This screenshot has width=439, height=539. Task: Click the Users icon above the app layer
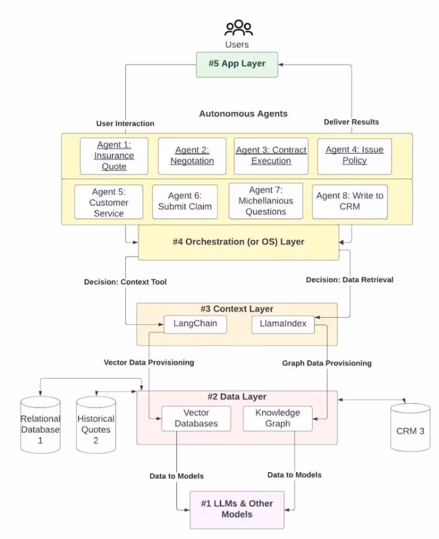click(238, 28)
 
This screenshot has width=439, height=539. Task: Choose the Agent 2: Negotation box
click(192, 156)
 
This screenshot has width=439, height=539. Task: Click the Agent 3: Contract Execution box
click(271, 156)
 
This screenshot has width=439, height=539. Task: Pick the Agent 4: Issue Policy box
click(354, 156)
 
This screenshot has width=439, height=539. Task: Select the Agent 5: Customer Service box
click(109, 202)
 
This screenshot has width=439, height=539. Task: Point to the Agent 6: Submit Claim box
click(185, 201)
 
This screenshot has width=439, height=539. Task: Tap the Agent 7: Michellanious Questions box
click(266, 201)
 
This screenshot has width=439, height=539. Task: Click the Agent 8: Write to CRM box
click(350, 201)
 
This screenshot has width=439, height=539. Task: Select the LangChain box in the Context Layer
click(195, 324)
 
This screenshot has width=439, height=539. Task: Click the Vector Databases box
click(196, 418)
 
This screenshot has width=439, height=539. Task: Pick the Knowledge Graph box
click(277, 418)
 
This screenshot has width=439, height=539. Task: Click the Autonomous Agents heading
click(243, 113)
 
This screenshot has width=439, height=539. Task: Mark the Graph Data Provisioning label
click(327, 363)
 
